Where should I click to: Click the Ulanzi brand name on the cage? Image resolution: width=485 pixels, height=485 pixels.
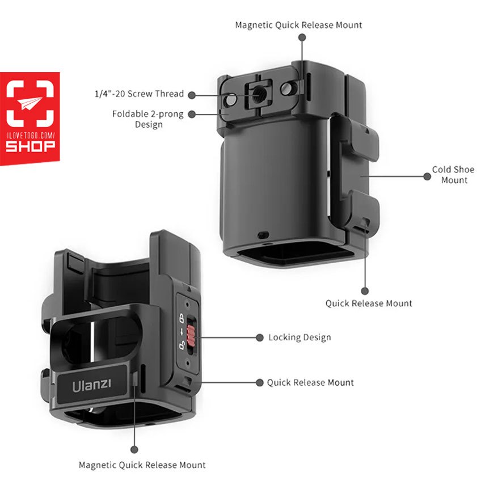pyautogui.click(x=91, y=385)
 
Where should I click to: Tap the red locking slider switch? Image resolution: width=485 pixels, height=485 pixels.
pyautogui.click(x=191, y=335)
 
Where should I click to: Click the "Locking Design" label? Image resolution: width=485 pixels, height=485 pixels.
pyautogui.click(x=300, y=337)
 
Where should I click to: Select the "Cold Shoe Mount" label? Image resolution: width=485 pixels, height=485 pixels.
pyautogui.click(x=453, y=175)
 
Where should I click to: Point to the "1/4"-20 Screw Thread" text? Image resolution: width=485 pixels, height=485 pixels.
pyautogui.click(x=139, y=94)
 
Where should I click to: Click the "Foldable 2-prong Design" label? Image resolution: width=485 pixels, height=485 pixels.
pyautogui.click(x=148, y=119)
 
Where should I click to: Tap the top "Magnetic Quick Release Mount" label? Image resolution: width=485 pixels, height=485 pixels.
pyautogui.click(x=298, y=25)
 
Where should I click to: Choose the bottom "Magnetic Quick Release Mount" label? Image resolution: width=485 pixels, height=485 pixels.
pyautogui.click(x=142, y=465)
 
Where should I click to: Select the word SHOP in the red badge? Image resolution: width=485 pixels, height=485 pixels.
pyautogui.click(x=30, y=146)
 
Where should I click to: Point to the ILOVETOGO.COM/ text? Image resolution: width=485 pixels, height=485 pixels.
pyautogui.click(x=31, y=136)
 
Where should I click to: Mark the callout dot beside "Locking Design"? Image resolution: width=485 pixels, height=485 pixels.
pyautogui.click(x=260, y=338)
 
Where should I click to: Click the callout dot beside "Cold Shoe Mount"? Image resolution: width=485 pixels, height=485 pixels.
pyautogui.click(x=427, y=176)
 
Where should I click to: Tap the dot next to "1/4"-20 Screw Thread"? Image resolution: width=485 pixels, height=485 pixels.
pyautogui.click(x=192, y=95)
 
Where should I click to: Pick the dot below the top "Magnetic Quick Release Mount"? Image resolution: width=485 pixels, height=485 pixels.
pyautogui.click(x=302, y=37)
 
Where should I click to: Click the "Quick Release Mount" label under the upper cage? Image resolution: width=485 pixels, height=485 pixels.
pyautogui.click(x=369, y=303)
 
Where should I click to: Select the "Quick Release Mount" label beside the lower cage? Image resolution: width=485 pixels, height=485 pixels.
pyautogui.click(x=310, y=383)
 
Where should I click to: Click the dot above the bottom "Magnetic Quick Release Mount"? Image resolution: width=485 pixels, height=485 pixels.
pyautogui.click(x=134, y=449)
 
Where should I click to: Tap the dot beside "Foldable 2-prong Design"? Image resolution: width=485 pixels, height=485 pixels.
pyautogui.click(x=192, y=115)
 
